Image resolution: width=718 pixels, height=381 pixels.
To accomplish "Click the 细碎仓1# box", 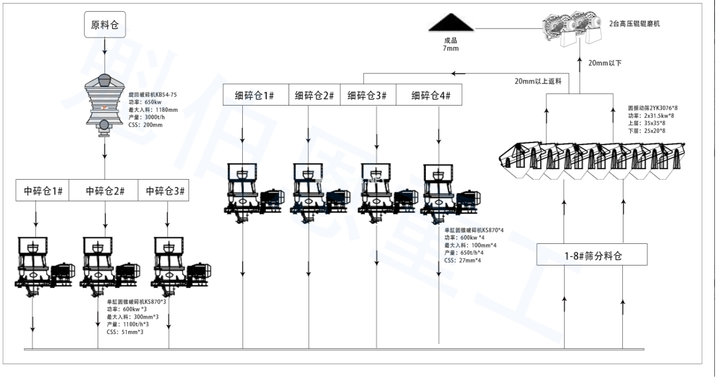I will (253, 96).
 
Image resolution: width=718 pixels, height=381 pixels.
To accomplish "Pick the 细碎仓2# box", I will (314, 96).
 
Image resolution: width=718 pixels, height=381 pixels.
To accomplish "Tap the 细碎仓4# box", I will (431, 96).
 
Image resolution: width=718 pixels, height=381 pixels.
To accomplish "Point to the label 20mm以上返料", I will (538, 81).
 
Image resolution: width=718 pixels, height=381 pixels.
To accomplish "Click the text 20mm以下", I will (605, 62).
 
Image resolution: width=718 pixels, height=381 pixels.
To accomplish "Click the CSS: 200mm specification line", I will (145, 125).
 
